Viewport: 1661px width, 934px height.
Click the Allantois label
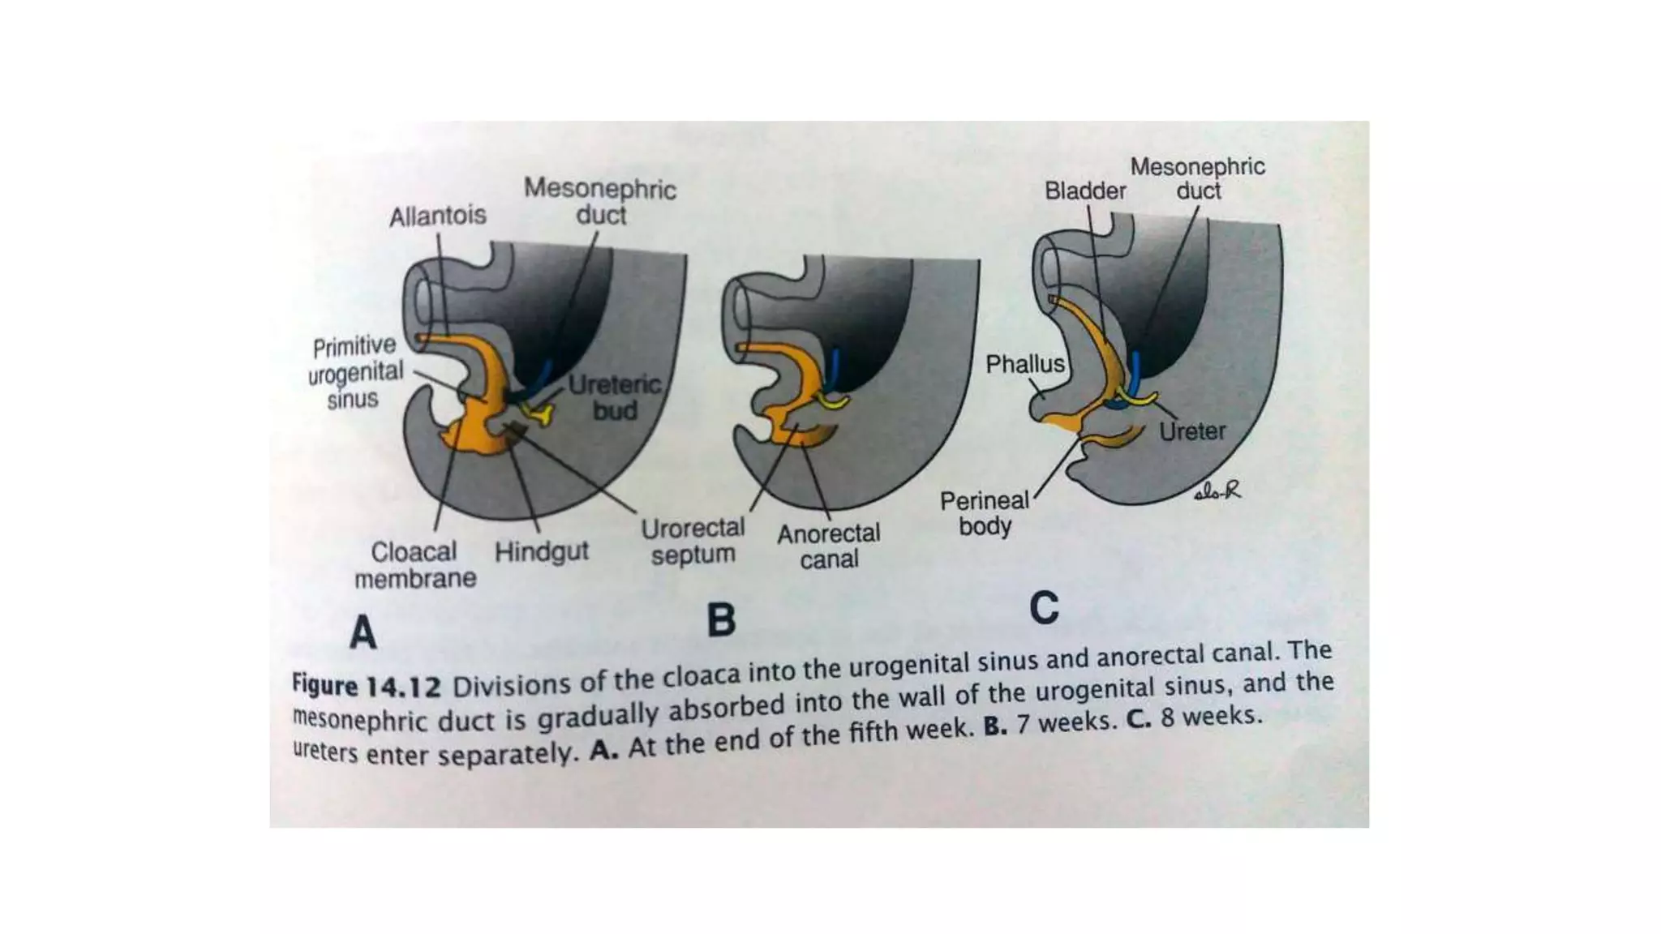tap(437, 216)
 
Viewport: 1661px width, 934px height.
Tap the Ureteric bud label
tap(615, 397)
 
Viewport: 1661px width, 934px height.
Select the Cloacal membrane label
tap(414, 565)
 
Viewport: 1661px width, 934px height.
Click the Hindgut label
tap(541, 552)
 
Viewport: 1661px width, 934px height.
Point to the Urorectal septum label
tap(693, 542)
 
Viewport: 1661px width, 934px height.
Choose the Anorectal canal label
tap(828, 546)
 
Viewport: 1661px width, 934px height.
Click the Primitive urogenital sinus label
tap(355, 373)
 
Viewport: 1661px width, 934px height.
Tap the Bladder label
tap(1084, 191)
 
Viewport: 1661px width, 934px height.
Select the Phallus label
tap(1024, 364)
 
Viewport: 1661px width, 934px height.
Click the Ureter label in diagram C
tap(1191, 431)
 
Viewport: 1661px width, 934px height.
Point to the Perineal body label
tap(984, 513)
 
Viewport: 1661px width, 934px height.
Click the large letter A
tap(363, 632)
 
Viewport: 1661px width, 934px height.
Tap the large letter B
tap(721, 621)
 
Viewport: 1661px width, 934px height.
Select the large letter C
tap(1044, 608)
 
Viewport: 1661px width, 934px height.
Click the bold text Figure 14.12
tap(366, 686)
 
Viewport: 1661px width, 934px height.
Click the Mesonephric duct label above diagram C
tap(1197, 179)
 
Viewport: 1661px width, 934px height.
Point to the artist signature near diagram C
tap(1217, 491)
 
